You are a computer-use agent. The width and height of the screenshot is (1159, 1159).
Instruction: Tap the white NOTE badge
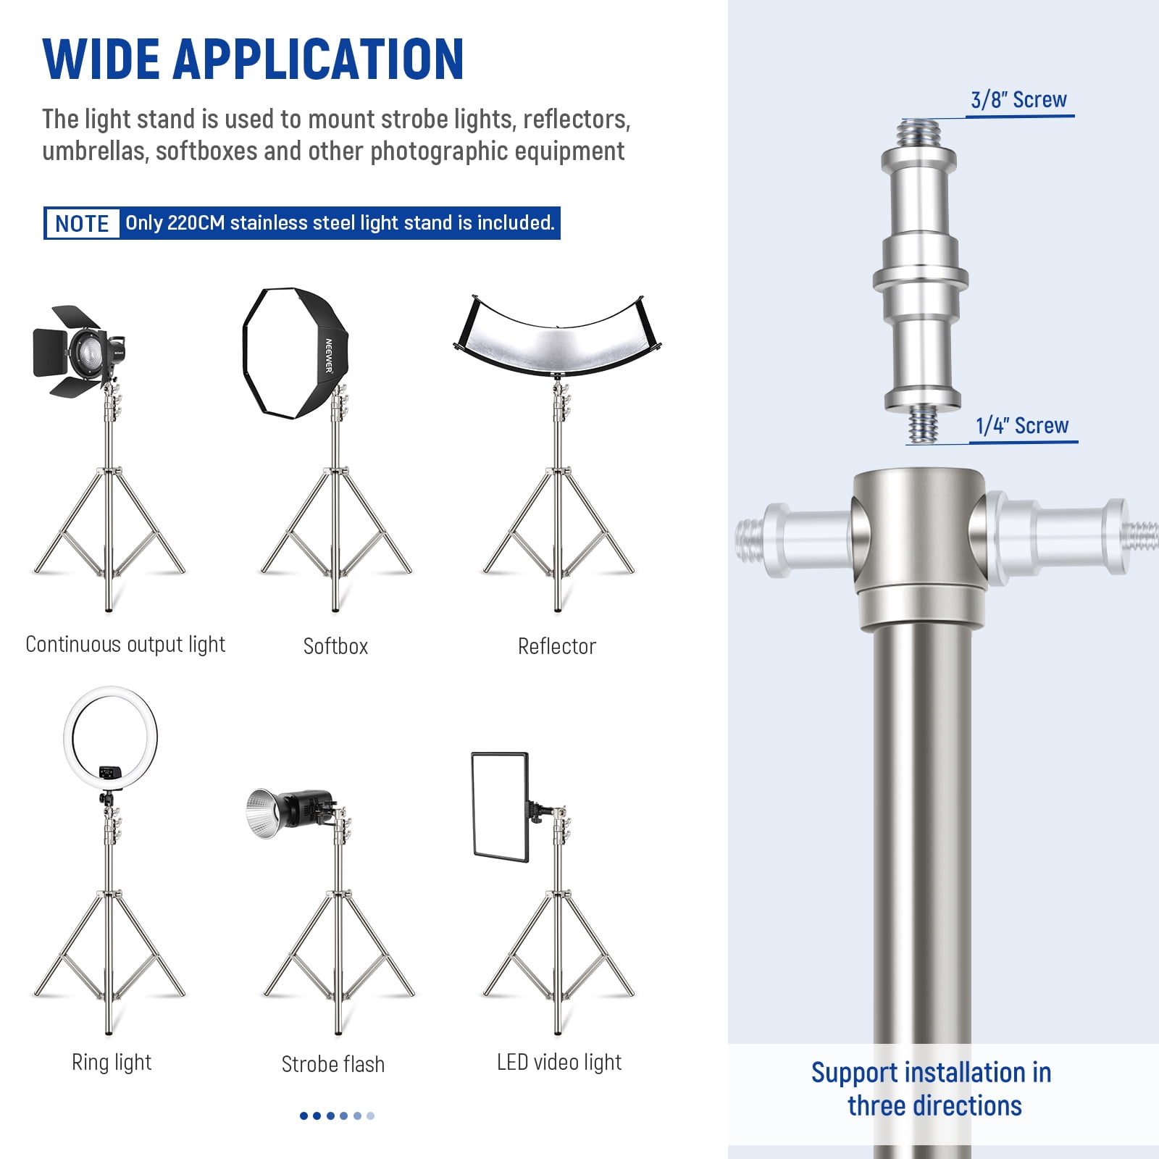coord(82,223)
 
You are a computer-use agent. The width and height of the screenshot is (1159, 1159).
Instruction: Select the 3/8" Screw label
coord(1018,99)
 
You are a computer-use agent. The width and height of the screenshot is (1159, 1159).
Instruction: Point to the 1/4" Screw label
coord(1021,425)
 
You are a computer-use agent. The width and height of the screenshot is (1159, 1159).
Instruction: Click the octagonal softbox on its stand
coord(296,353)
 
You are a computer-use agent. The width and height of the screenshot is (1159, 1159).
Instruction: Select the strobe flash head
coord(290,812)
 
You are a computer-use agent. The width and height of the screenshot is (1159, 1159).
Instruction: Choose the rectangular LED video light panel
coord(500,806)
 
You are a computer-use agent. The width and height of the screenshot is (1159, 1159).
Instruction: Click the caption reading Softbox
coord(335,646)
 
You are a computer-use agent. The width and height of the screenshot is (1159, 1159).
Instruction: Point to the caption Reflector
coord(556,646)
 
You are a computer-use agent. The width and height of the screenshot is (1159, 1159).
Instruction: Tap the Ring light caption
coord(112,1062)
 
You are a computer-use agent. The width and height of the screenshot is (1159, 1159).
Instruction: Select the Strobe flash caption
coord(332,1064)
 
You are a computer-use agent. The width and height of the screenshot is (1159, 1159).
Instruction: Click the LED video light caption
coord(558,1062)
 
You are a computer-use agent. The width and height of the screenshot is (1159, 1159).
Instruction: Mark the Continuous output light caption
coord(125,645)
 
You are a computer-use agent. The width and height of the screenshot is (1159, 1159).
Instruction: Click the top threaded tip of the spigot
coord(919,133)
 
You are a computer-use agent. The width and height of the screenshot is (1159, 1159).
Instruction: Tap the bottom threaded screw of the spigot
coord(923,424)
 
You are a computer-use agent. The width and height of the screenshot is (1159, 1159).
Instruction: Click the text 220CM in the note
coord(196,223)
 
